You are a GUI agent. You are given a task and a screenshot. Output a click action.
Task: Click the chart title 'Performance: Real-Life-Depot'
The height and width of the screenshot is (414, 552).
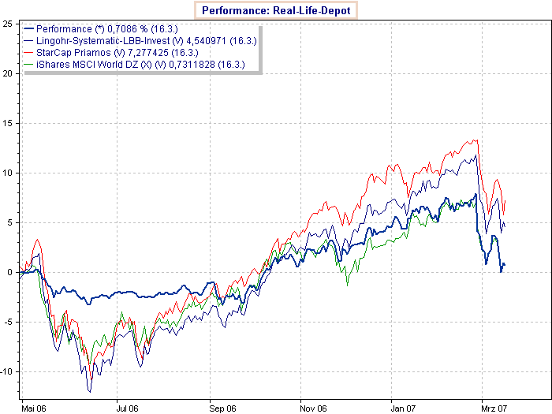tap(275, 11)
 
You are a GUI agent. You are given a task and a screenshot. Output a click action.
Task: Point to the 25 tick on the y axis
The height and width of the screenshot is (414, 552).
tap(7, 24)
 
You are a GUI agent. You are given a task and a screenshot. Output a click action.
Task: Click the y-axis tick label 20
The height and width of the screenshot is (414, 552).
tap(7, 73)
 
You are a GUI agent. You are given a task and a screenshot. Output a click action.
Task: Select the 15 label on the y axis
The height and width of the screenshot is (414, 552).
tap(7, 123)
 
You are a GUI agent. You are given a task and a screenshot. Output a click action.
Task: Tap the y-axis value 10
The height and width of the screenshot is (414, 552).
tap(7, 173)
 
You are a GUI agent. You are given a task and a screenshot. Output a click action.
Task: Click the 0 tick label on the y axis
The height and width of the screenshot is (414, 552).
tap(9, 272)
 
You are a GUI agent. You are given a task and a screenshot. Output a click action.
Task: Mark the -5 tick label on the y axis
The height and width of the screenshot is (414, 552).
tap(8, 322)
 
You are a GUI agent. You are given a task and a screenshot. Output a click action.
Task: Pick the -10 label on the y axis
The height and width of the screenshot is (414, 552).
tap(6, 371)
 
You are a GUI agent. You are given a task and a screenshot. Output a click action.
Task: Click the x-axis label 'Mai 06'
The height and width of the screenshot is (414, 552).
tap(35, 408)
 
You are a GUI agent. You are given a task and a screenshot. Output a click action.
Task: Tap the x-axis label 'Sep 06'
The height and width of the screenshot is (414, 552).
tap(223, 408)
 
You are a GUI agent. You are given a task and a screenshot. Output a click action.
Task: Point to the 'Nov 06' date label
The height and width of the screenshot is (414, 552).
tap(315, 408)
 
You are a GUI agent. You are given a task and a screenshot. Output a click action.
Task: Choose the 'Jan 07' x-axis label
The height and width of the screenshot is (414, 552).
tap(405, 408)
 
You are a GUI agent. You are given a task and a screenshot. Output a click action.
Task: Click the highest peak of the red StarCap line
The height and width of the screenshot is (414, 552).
tap(477, 140)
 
